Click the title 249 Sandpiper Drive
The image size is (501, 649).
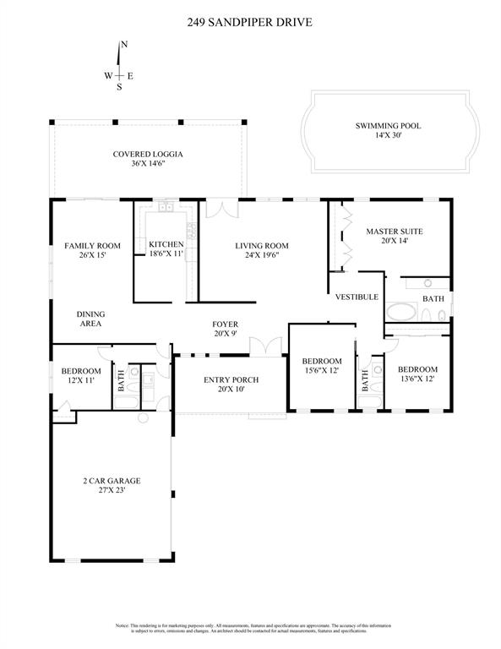pyautogui.click(x=250, y=24)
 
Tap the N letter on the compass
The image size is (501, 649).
pyautogui.click(x=124, y=44)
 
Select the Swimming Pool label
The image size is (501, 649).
pyautogui.click(x=388, y=126)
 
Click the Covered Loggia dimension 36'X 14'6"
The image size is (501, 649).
pyautogui.click(x=149, y=164)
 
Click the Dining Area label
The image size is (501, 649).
pyautogui.click(x=91, y=318)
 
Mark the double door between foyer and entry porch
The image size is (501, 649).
pyautogui.click(x=270, y=346)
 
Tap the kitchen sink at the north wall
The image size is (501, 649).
pyautogui.click(x=166, y=206)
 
